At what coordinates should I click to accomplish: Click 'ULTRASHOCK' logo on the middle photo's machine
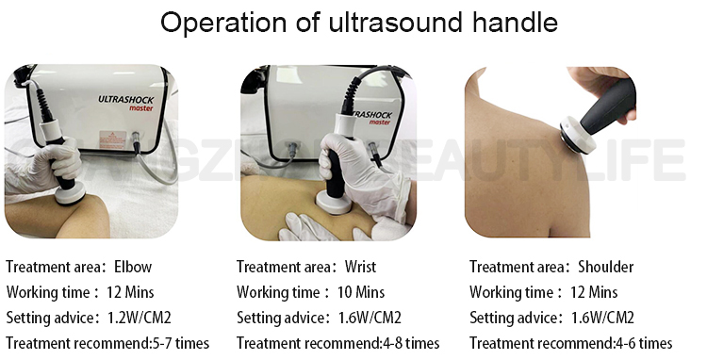[363, 105]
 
